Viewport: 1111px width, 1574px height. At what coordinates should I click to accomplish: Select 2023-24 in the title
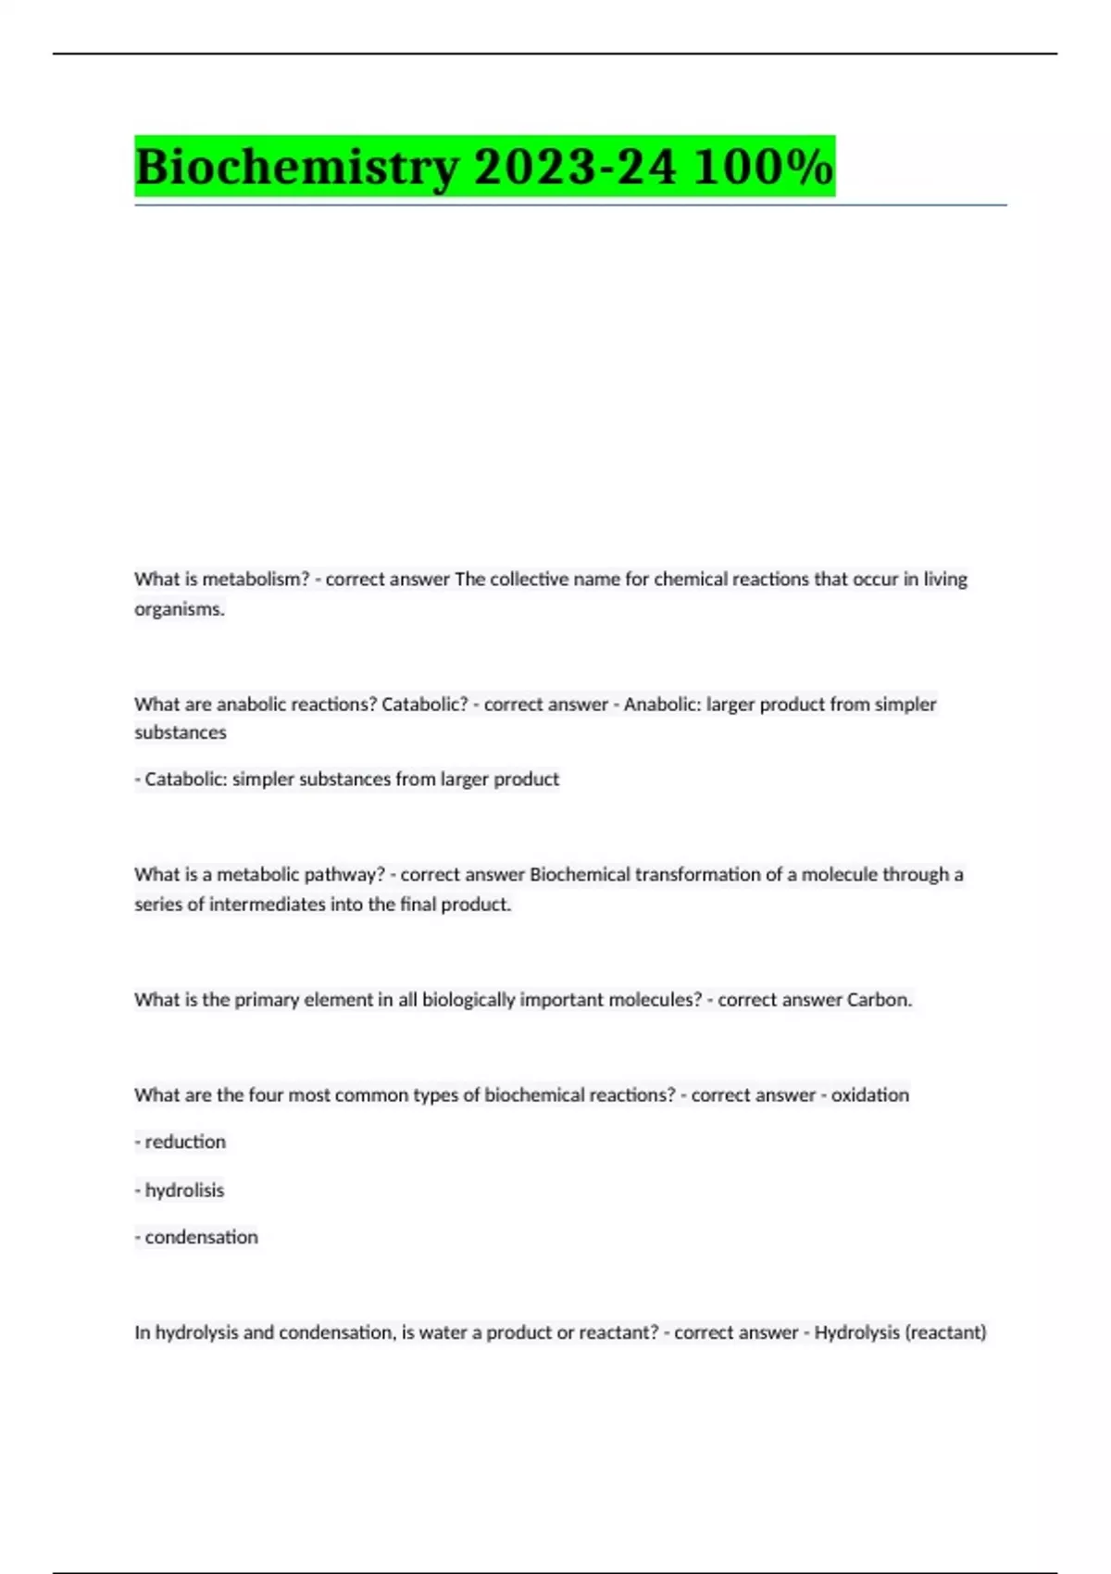[575, 168]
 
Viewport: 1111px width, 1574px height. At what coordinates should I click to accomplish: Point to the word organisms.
[180, 609]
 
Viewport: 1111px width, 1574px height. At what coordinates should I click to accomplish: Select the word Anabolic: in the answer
[661, 705]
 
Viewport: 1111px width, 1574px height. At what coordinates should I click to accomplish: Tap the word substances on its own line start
[181, 732]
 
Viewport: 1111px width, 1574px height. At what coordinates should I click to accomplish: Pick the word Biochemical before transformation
[580, 875]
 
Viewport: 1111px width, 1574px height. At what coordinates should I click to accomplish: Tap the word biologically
[468, 1000]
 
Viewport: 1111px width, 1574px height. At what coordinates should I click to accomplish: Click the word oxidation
[870, 1095]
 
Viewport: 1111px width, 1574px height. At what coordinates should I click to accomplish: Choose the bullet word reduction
[185, 1143]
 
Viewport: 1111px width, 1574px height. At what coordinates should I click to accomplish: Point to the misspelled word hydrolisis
[184, 1191]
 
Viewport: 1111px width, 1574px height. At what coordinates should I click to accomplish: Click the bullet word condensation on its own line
[201, 1238]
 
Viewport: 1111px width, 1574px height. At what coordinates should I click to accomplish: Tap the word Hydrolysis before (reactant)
[856, 1333]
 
